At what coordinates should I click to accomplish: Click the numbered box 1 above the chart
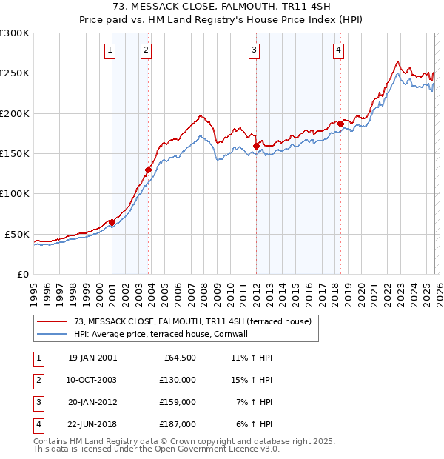110,50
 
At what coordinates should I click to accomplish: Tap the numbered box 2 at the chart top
147,50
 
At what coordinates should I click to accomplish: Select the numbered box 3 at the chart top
254,50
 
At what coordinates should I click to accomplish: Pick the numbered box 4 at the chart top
338,50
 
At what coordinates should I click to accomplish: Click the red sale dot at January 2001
112,222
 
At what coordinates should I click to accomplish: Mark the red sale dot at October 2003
148,170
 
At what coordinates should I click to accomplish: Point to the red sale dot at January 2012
256,147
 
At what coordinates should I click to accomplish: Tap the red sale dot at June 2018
340,124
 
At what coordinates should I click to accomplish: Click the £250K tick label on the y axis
15,73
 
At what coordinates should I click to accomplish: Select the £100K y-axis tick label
15,193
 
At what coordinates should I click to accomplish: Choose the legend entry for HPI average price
160,334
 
